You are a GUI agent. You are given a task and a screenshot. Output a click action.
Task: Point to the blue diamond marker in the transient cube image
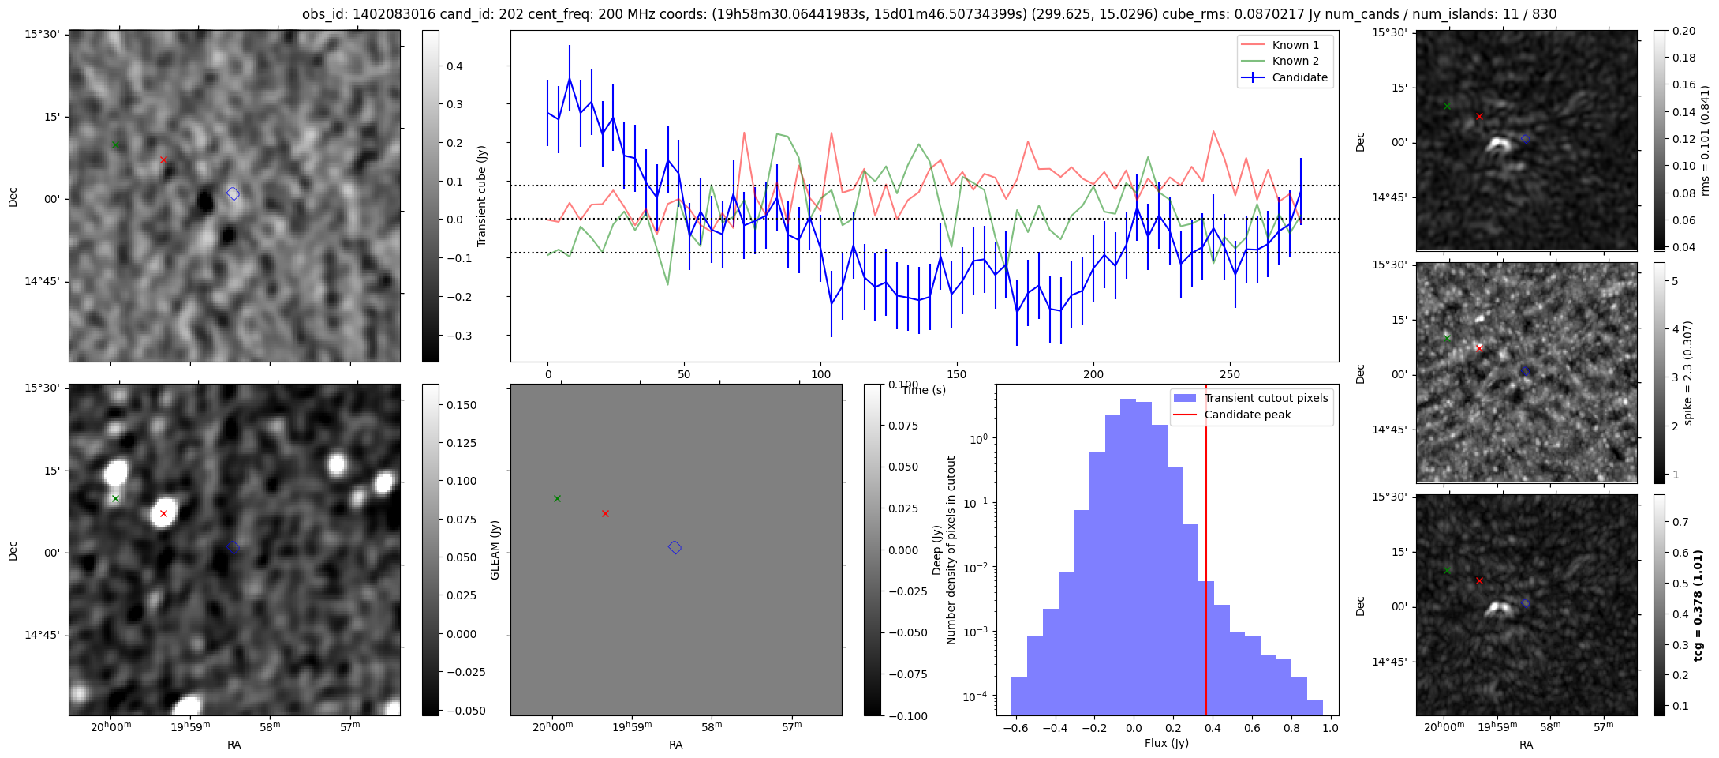(233, 193)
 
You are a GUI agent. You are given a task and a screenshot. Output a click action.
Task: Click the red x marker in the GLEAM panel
(605, 513)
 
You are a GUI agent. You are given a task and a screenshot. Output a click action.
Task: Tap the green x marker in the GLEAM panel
(557, 498)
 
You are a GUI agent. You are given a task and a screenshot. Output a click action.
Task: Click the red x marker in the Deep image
(163, 513)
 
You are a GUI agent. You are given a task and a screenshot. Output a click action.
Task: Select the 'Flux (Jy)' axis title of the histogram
(1167, 743)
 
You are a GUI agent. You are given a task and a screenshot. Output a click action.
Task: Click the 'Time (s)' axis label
(924, 390)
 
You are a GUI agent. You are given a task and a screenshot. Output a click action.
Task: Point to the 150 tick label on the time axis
(957, 374)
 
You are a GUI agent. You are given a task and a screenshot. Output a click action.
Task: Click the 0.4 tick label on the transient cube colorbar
(455, 66)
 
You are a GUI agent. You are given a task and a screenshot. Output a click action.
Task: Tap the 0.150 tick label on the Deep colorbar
(462, 405)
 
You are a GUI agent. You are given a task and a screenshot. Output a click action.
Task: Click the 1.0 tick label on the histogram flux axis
(1331, 728)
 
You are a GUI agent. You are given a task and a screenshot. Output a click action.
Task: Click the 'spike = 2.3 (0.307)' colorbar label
(1688, 373)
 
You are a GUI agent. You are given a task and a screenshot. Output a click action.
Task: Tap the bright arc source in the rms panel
(1498, 144)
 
